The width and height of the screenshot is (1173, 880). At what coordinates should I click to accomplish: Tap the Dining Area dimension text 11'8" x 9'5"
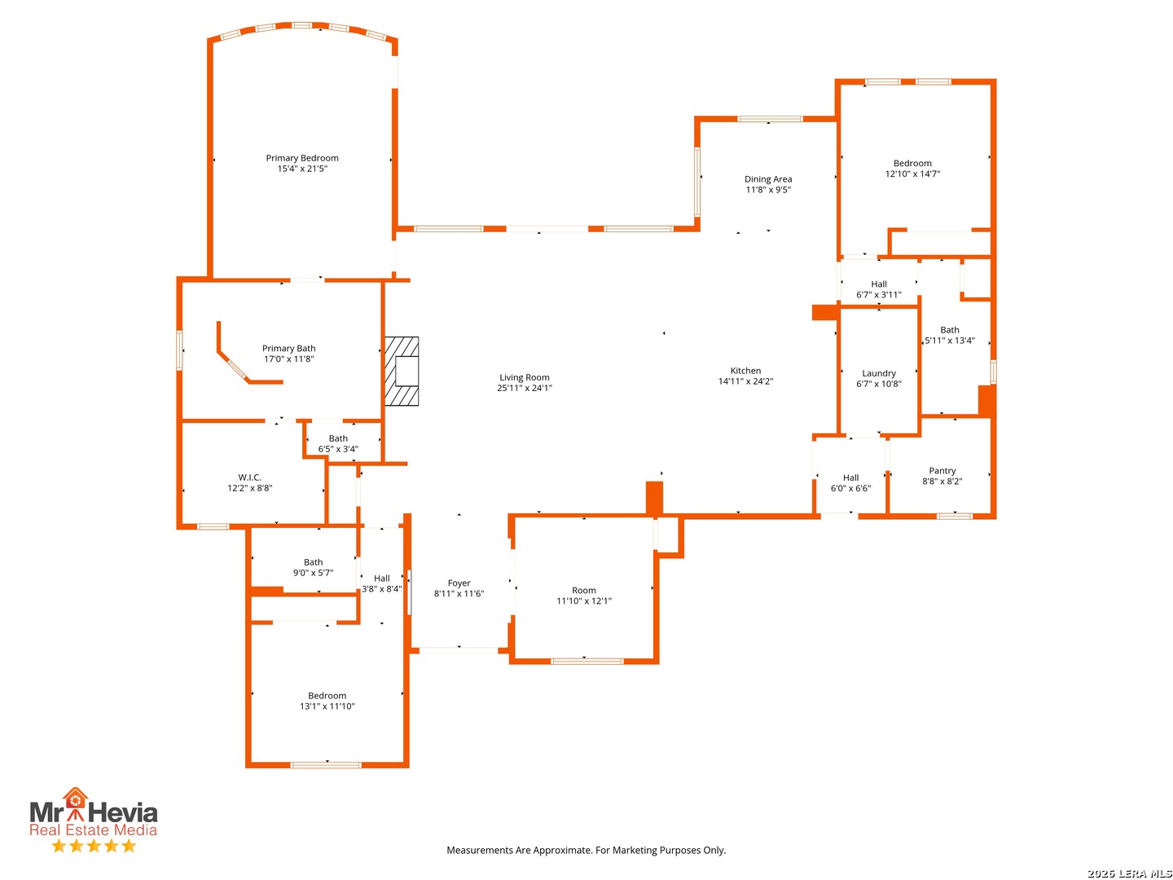coord(768,190)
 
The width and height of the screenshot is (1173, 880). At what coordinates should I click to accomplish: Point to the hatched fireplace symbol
coord(402,371)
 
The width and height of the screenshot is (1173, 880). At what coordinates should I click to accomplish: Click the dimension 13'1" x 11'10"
coord(327,706)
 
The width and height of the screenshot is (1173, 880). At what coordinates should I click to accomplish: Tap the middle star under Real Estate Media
coord(94,846)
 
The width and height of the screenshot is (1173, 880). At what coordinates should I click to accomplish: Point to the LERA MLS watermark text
coord(1129,873)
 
